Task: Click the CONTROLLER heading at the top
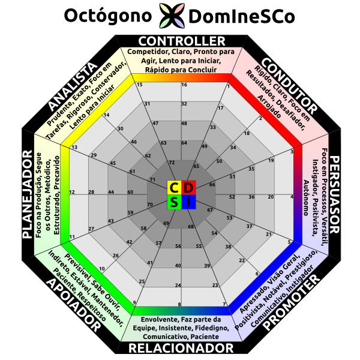pos(181,41)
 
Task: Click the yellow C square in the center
pos(173,187)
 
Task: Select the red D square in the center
pos(188,187)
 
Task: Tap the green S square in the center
pos(173,202)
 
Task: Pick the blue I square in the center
pos(188,202)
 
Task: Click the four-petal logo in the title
pos(170,16)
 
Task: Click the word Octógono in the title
pos(107,16)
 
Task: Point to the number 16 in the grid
pos(184,85)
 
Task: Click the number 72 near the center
pos(172,163)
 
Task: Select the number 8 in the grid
pos(179,305)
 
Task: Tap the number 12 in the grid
pos(72,192)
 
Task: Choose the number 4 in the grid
pos(292,197)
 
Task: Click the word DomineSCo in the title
pos(241,16)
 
